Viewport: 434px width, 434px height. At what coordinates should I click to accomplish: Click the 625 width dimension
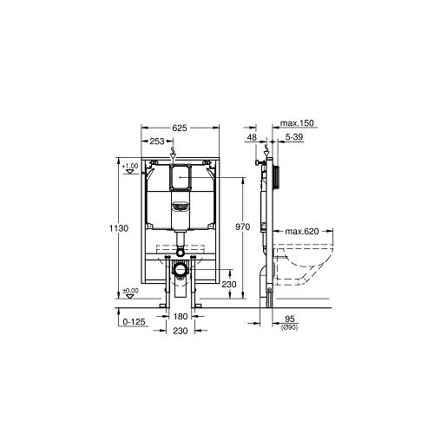[x=180, y=128]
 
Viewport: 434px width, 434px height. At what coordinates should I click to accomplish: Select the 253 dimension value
[x=157, y=141]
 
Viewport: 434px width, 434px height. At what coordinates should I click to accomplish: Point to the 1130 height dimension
[x=119, y=228]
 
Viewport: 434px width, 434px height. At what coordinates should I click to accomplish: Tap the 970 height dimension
[x=242, y=227]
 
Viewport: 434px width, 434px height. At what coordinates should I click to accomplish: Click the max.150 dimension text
[x=297, y=123]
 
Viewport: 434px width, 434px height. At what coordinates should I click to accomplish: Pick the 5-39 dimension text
[x=294, y=137]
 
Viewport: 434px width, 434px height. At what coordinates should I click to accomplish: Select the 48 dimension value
[x=252, y=137]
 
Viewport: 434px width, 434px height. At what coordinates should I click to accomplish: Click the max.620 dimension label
[x=302, y=231]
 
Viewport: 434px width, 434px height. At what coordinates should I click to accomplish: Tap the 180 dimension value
[x=181, y=317]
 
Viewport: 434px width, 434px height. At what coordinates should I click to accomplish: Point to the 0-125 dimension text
[x=134, y=322]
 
